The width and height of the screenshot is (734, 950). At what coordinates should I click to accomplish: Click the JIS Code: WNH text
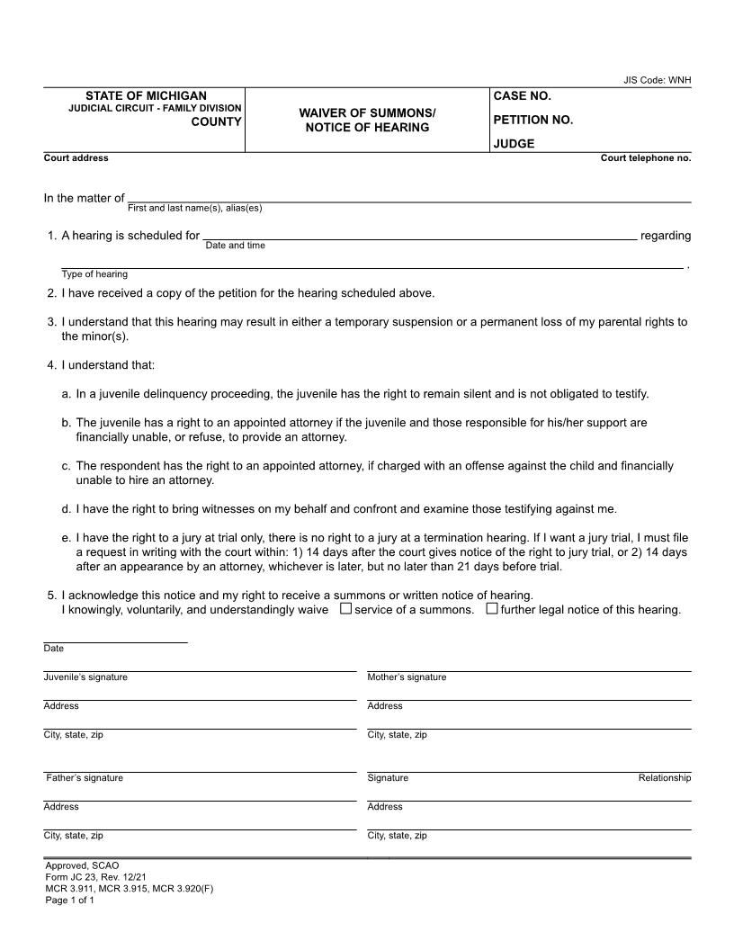(657, 80)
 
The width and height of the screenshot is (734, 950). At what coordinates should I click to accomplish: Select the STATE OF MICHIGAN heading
(146, 95)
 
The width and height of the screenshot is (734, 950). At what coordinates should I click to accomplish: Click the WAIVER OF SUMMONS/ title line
(367, 112)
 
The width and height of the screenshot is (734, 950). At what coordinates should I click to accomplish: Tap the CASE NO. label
(522, 95)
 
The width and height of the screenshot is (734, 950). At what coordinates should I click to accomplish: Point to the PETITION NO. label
(533, 120)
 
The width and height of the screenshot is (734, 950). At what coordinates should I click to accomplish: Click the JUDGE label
(514, 143)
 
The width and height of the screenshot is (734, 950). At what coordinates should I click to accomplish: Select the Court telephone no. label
(645, 157)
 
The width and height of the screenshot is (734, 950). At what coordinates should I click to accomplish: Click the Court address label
(76, 157)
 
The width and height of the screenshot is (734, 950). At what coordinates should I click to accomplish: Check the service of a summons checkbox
(345, 609)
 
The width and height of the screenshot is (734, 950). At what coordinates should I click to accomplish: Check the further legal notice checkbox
(492, 609)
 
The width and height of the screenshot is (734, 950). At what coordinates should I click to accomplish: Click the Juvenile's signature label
(85, 677)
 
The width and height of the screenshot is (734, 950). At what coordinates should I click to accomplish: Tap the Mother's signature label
(407, 677)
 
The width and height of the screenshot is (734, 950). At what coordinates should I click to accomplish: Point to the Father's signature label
(85, 777)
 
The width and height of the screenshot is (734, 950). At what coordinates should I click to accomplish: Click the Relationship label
(664, 777)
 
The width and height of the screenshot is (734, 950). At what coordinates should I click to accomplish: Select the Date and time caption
(235, 245)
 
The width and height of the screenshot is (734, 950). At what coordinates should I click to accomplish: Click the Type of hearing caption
(94, 273)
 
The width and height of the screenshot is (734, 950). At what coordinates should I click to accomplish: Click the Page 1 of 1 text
(69, 900)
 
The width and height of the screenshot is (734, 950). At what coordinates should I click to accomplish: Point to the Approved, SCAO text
(82, 865)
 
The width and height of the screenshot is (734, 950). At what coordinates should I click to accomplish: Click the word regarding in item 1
(665, 236)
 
